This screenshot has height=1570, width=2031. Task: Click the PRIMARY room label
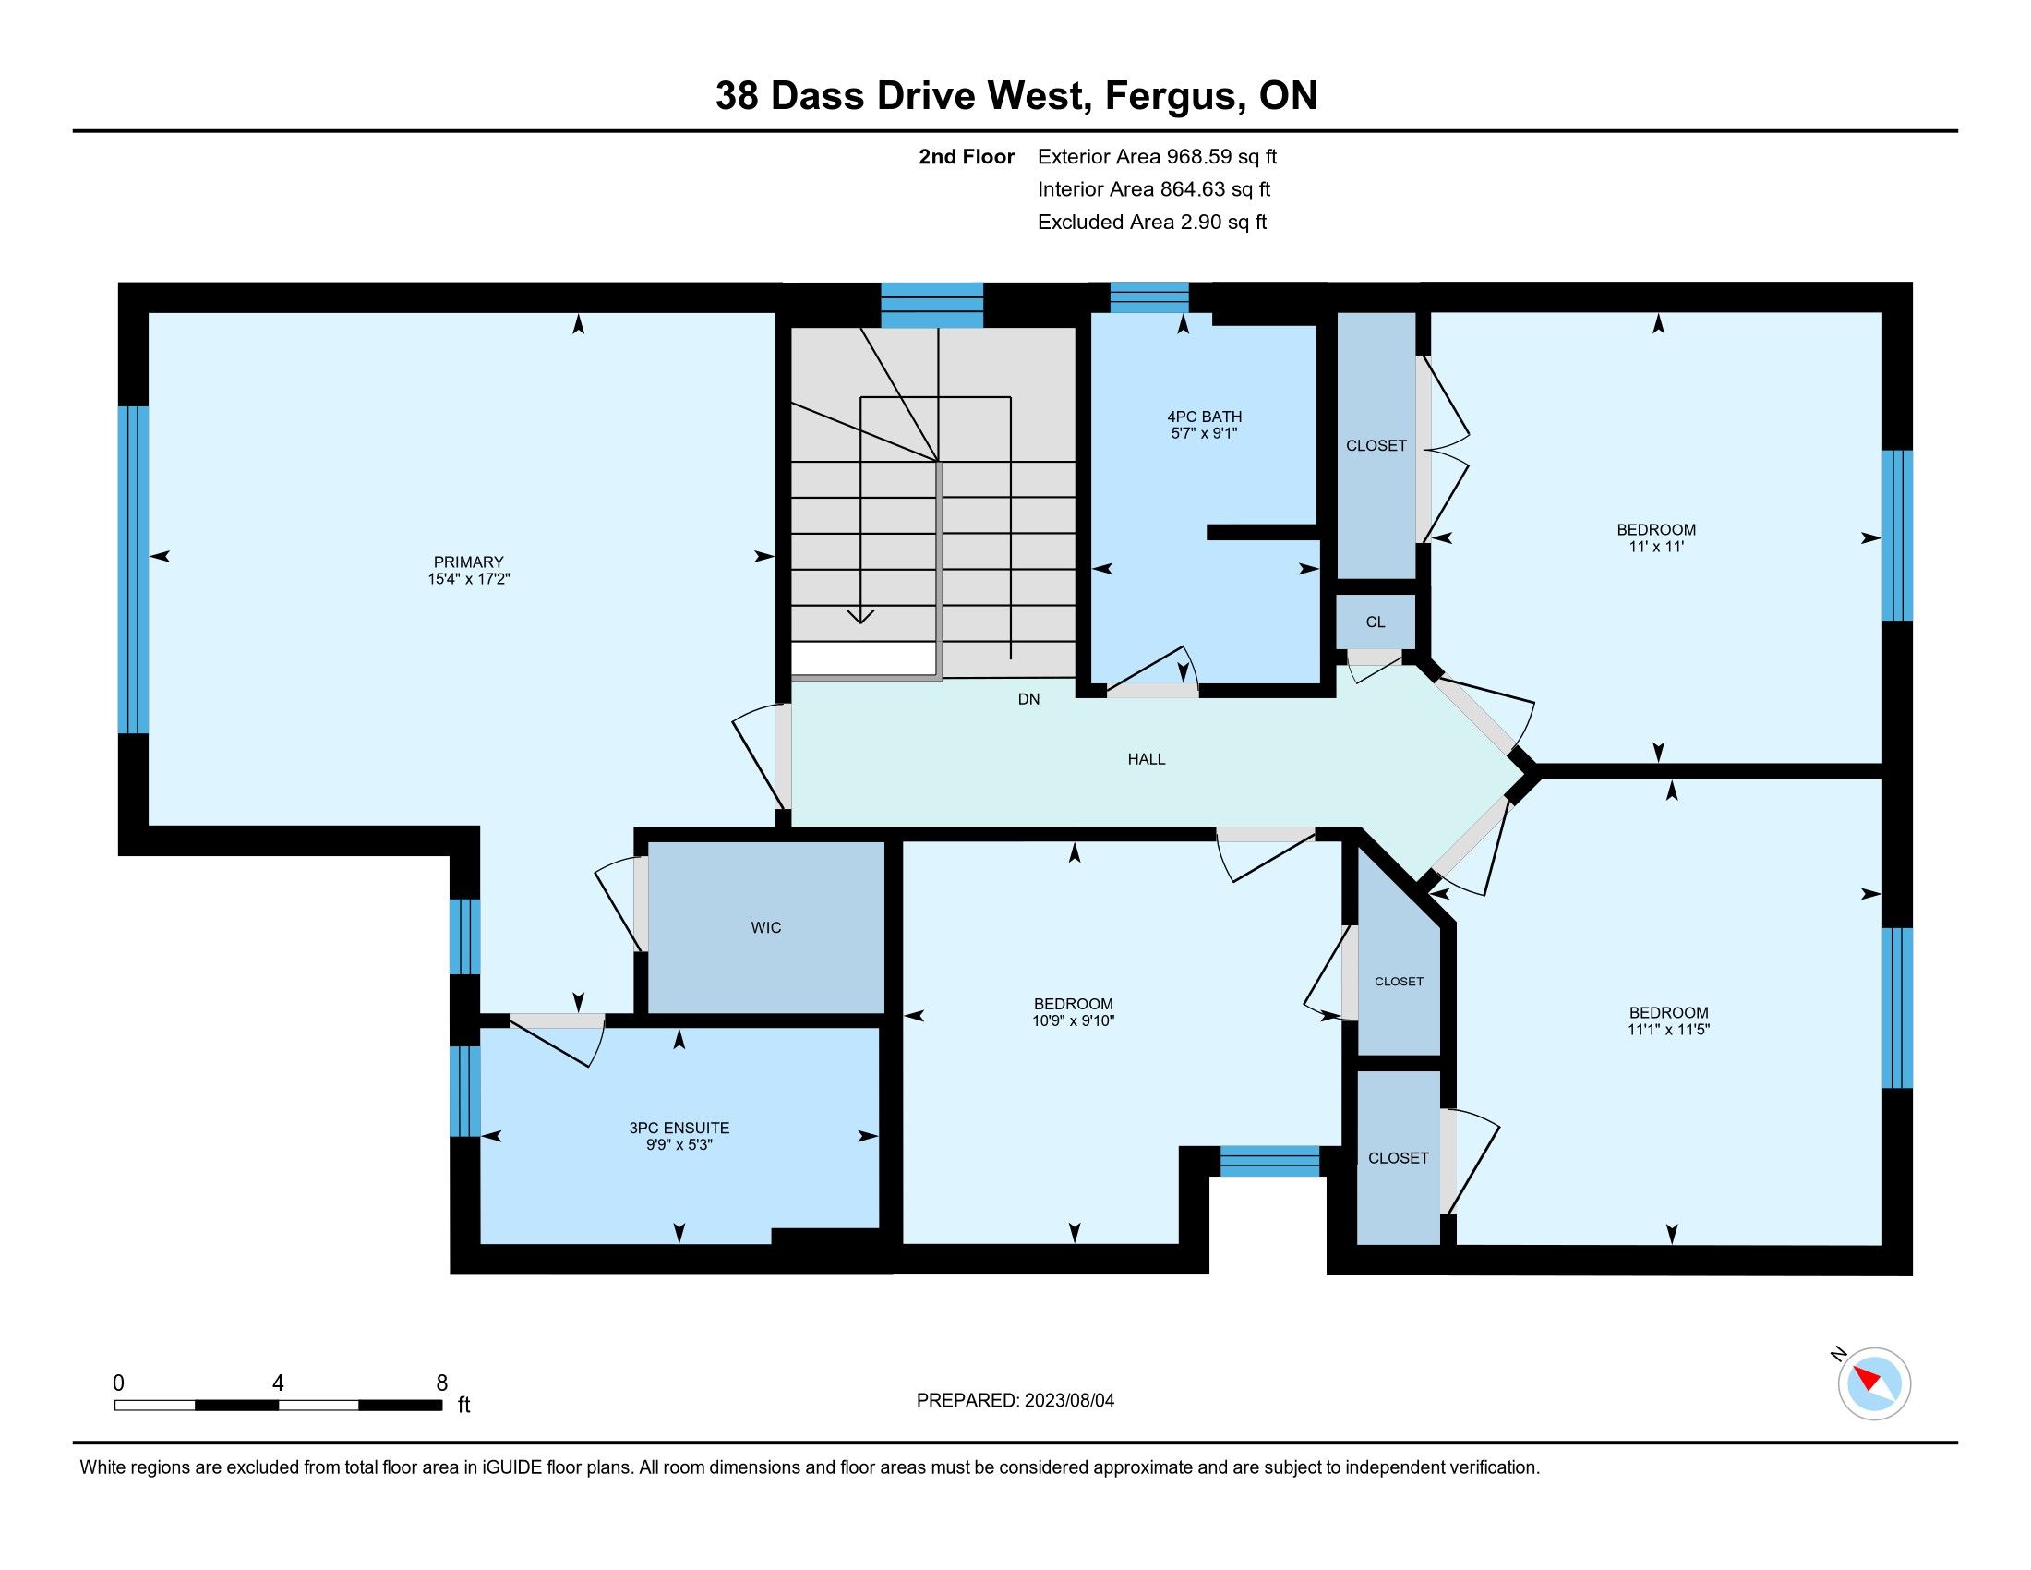coord(469,562)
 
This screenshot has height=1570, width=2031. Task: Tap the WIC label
coord(766,927)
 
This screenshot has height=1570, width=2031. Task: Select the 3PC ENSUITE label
coord(679,1129)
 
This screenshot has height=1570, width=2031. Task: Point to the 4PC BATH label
coord(1204,417)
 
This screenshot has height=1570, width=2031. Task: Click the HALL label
coord(1147,759)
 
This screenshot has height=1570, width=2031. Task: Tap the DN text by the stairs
coord(1028,699)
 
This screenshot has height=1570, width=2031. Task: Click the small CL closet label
coord(1376,622)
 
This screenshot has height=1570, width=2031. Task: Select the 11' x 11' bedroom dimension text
coord(1656,547)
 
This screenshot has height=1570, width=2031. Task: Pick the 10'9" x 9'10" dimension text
coord(1073,1020)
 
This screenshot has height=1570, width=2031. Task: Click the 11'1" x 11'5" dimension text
coord(1669,1030)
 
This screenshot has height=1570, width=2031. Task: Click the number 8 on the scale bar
coord(441,1383)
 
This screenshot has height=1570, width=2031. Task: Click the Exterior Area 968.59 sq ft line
coord(1158,156)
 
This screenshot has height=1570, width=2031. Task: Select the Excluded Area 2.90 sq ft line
coord(1152,222)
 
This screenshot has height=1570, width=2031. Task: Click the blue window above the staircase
coord(931,305)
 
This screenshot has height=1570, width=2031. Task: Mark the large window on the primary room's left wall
coord(133,569)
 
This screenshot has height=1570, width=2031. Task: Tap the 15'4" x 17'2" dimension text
coord(469,578)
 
